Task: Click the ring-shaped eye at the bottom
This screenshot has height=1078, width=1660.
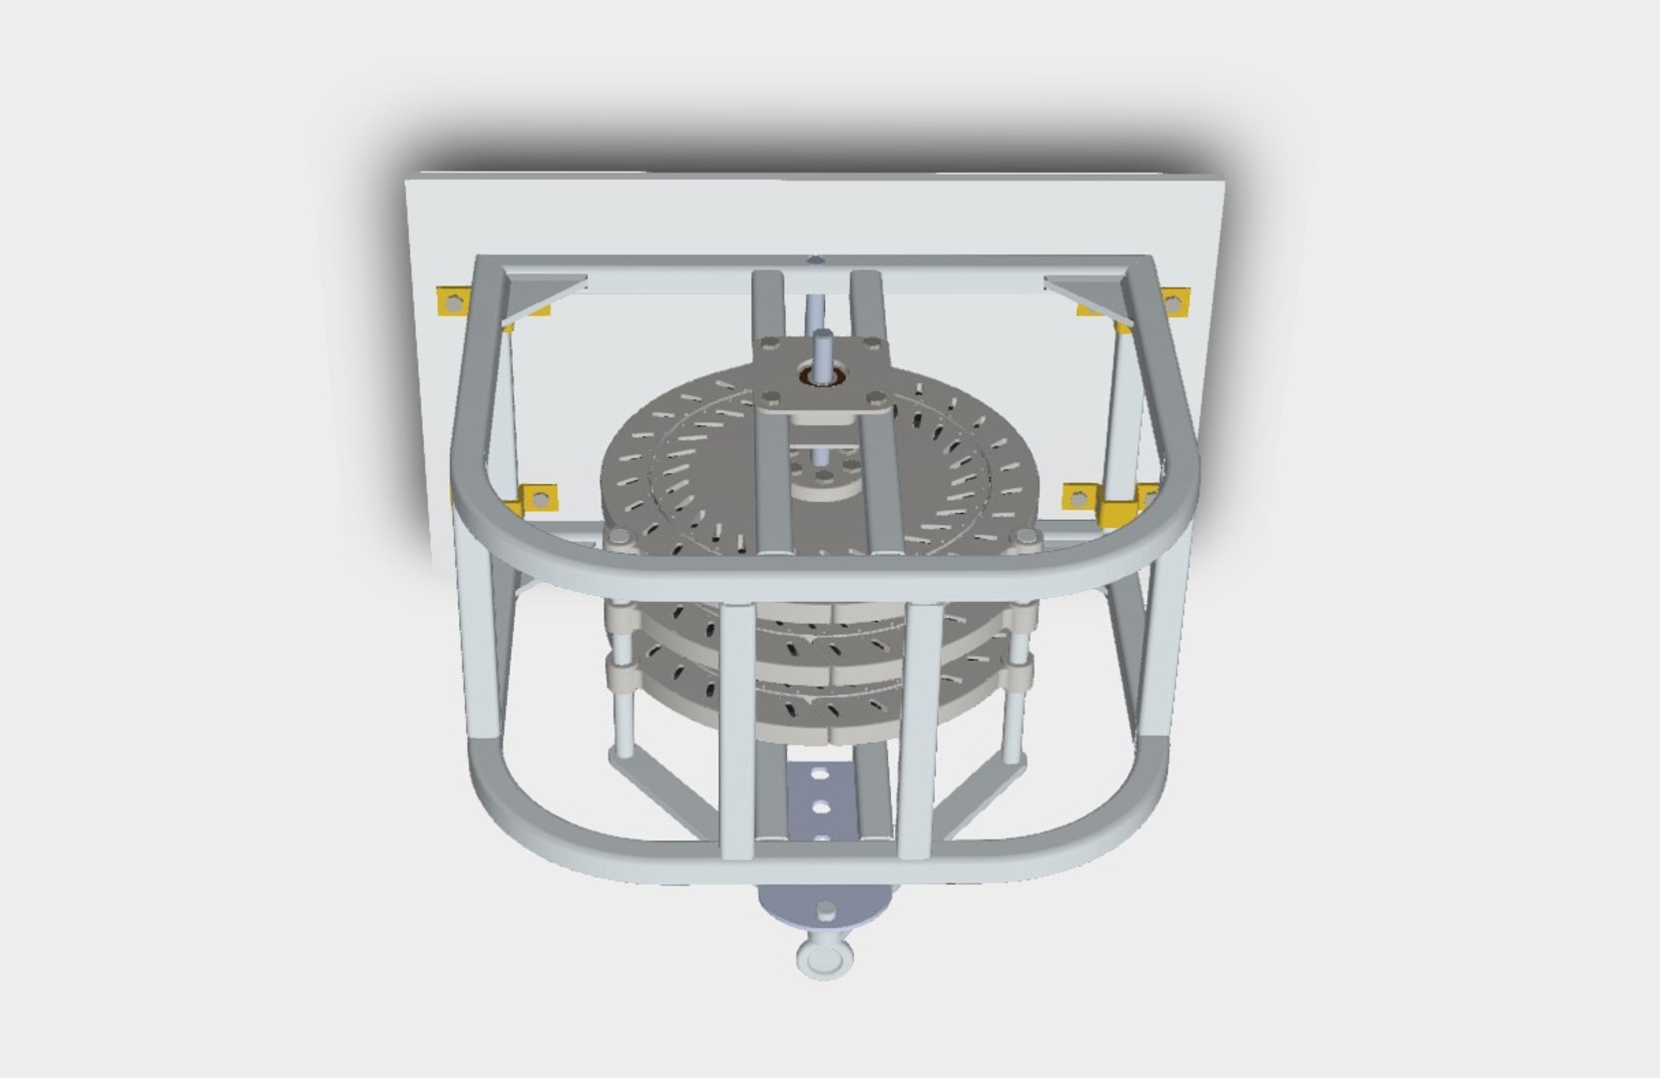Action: pyautogui.click(x=825, y=961)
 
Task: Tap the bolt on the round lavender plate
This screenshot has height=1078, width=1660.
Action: pyautogui.click(x=826, y=909)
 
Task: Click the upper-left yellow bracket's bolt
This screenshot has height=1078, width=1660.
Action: pyautogui.click(x=452, y=300)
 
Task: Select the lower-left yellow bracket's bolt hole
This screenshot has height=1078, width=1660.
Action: pyautogui.click(x=540, y=496)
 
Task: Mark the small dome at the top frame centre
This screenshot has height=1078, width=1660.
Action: pyautogui.click(x=816, y=261)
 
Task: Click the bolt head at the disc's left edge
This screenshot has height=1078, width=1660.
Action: pyautogui.click(x=619, y=539)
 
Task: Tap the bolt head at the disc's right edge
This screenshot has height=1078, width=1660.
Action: pyautogui.click(x=1023, y=539)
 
